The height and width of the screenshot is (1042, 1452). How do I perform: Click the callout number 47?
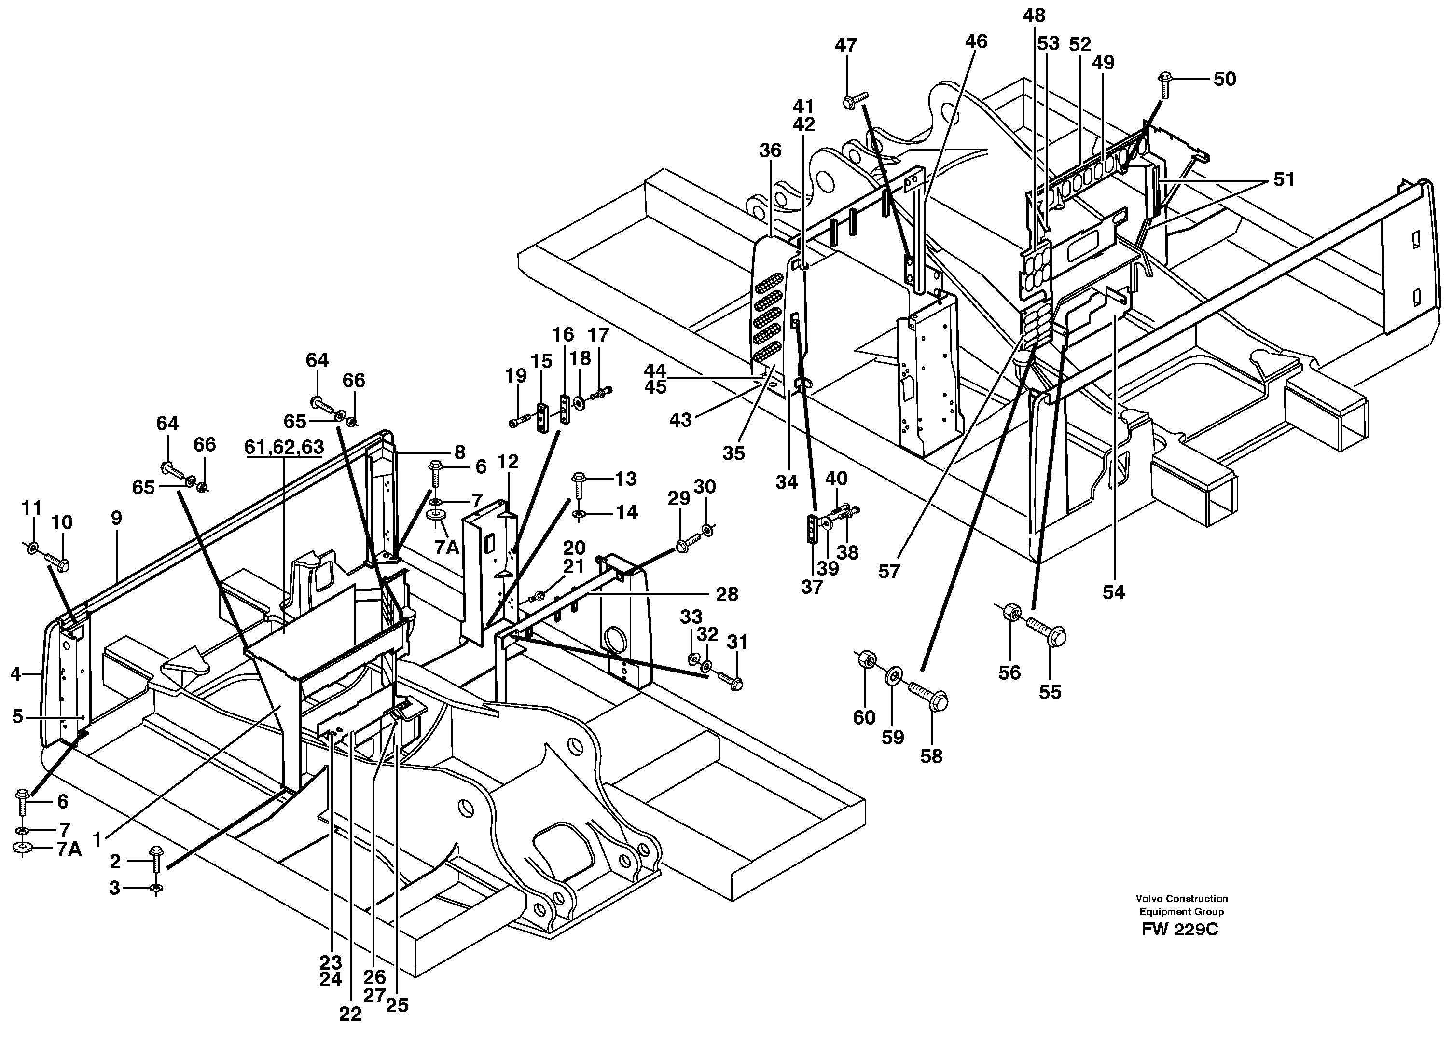pos(846,46)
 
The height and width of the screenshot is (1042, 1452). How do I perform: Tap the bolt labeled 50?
pos(1164,85)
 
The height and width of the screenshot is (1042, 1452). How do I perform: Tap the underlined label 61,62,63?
pos(284,447)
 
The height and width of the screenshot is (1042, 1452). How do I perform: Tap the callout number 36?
pos(770,151)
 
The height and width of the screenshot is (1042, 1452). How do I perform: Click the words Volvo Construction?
pos(1182,899)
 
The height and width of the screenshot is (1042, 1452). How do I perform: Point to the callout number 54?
pos(1113,592)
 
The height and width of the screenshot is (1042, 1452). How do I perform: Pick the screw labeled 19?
pos(519,421)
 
